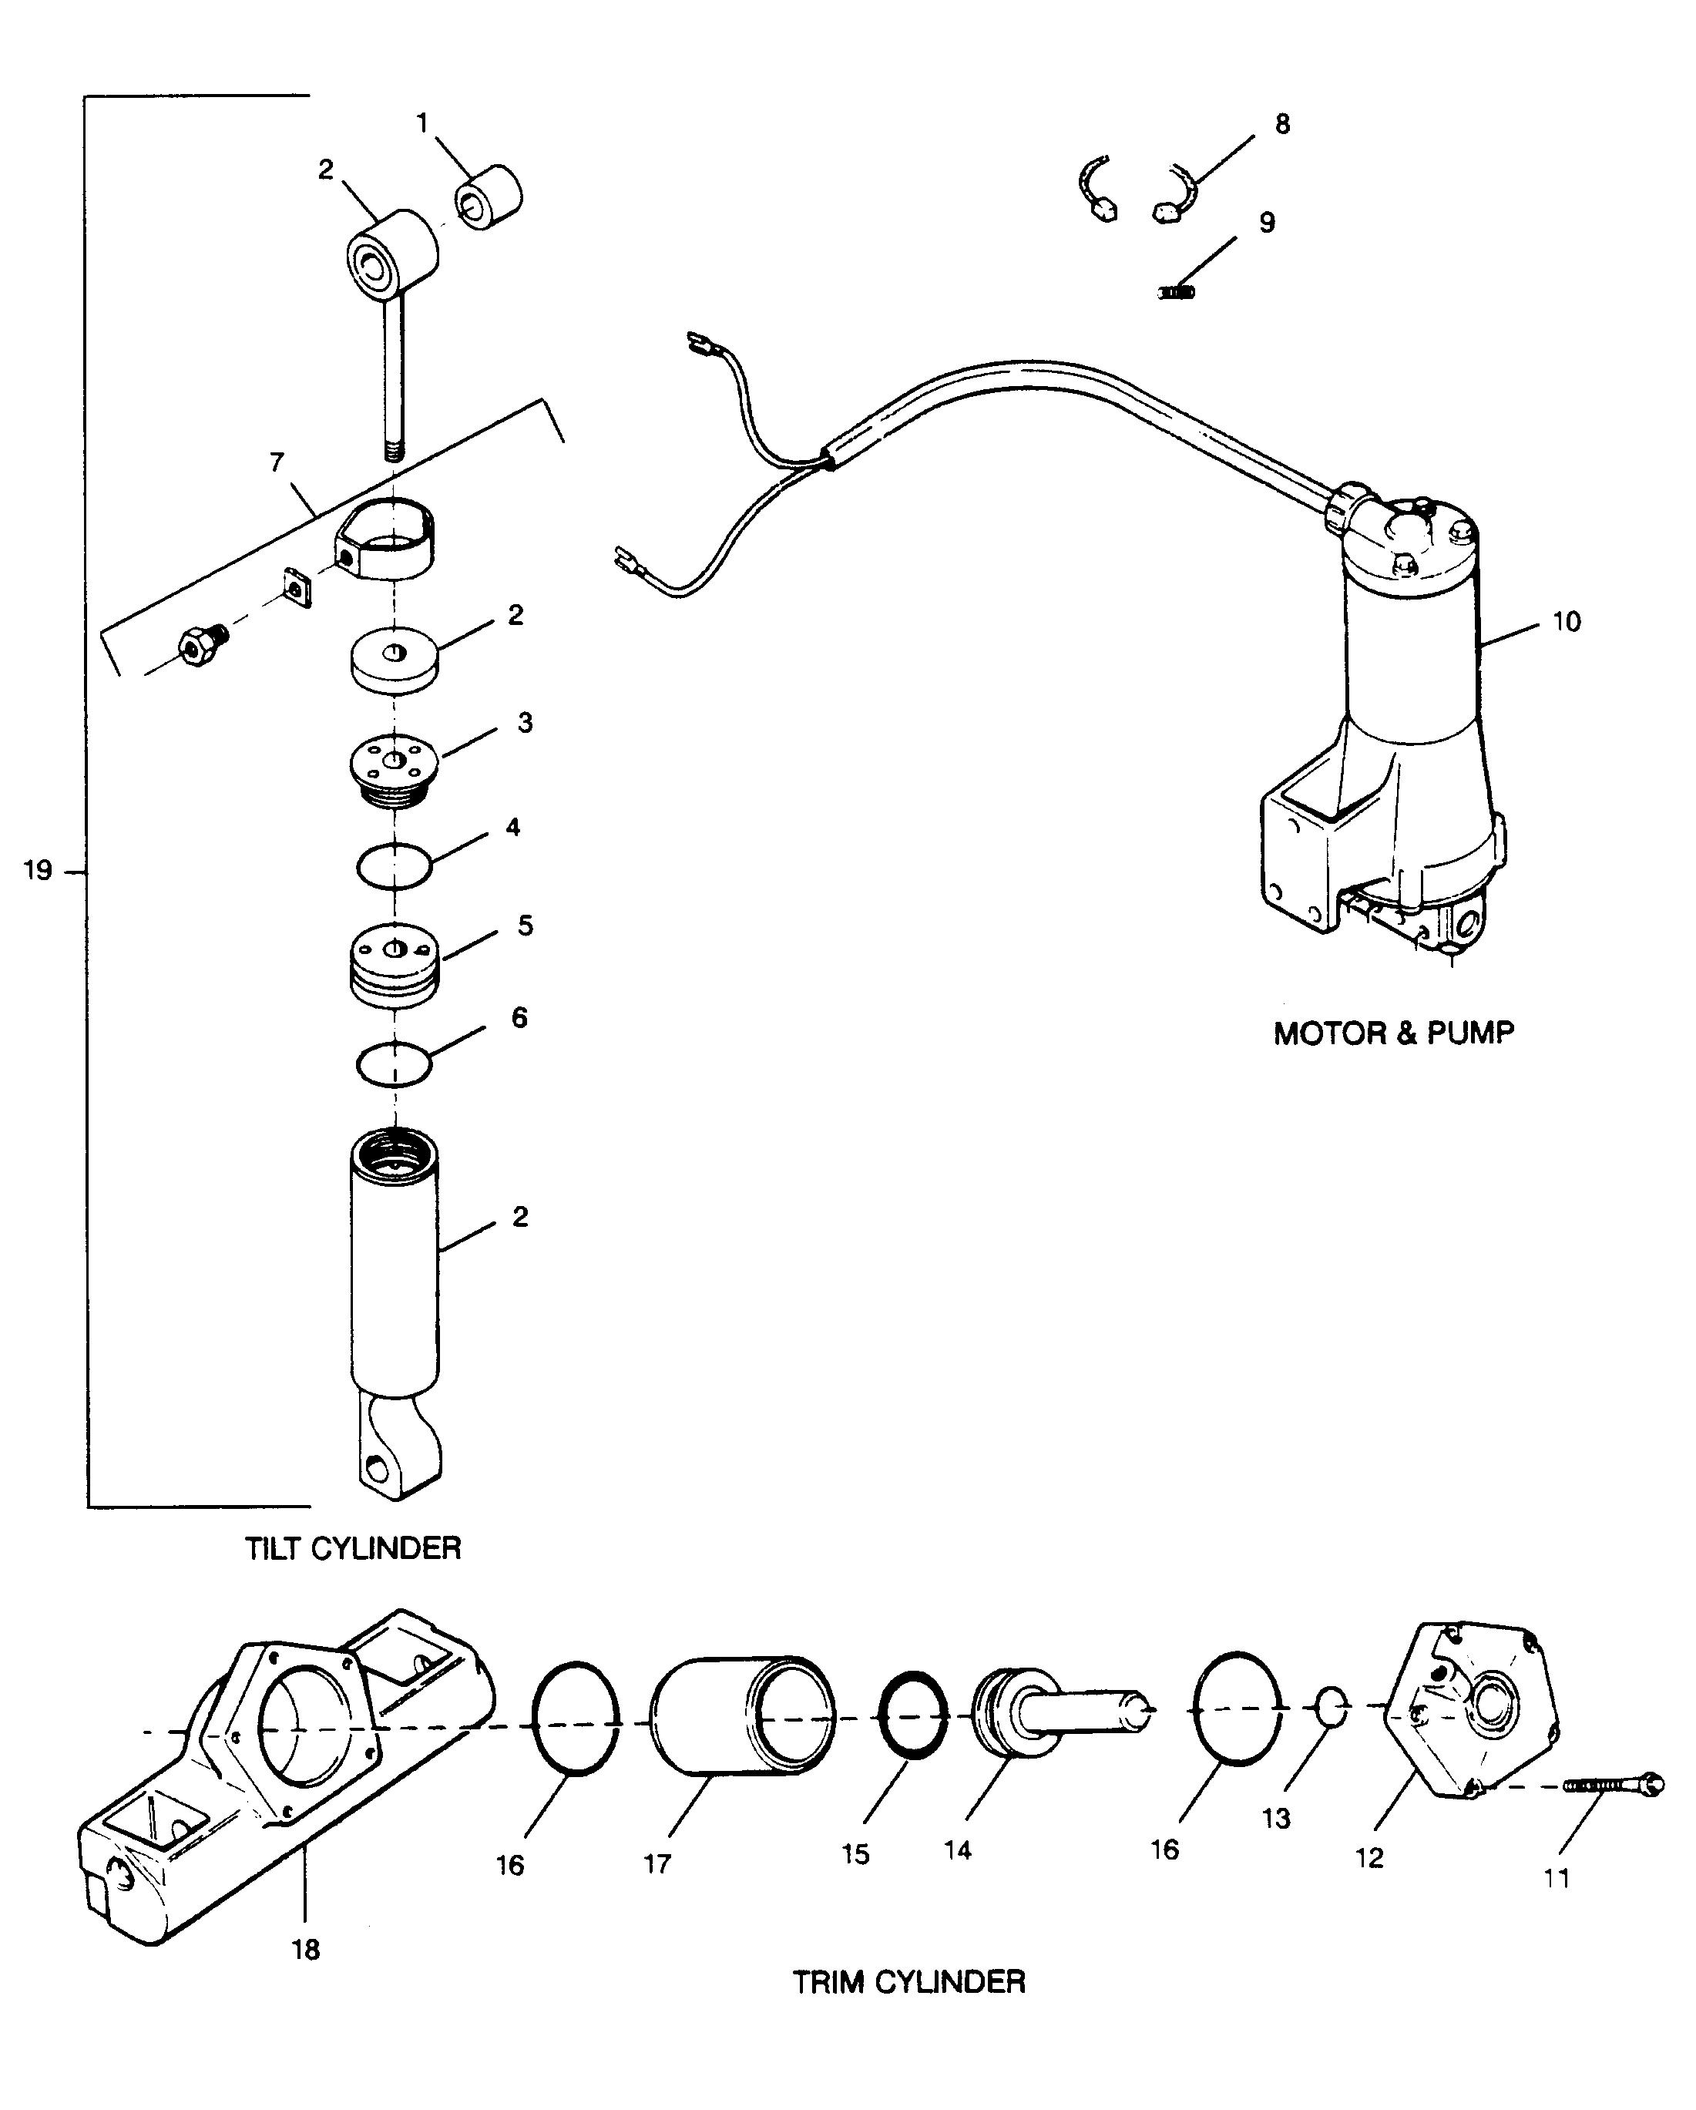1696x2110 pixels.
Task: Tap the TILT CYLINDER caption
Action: [x=352, y=1548]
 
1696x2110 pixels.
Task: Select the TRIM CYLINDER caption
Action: [x=908, y=1982]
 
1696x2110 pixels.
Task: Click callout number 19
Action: [x=37, y=870]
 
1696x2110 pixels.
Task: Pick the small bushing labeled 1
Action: [x=489, y=199]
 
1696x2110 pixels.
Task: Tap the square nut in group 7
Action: [x=297, y=586]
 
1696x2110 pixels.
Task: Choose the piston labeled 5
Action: [x=395, y=965]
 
